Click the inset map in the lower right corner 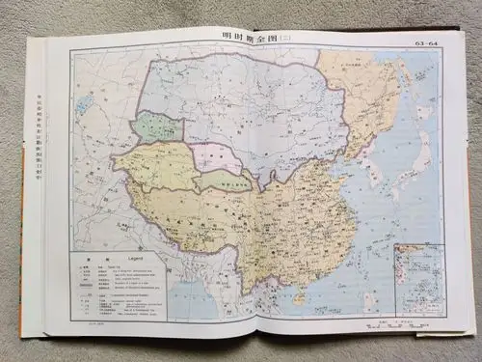[418, 279]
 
